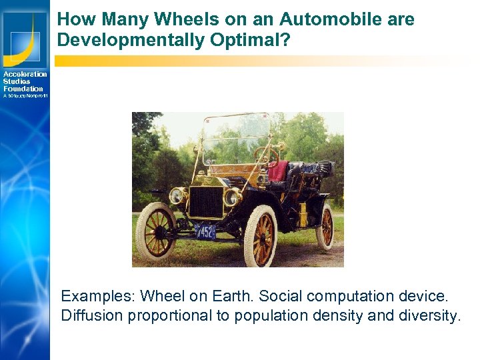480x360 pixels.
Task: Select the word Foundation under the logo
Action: pos(23,89)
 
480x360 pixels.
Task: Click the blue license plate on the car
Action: pos(206,231)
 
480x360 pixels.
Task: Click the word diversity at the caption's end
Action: pos(429,315)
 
